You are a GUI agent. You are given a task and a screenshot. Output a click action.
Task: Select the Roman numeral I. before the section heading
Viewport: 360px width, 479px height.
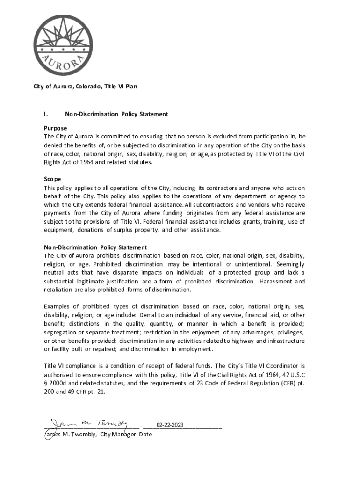click(x=46, y=114)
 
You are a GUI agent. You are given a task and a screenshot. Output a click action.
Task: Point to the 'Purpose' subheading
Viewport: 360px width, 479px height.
click(x=56, y=128)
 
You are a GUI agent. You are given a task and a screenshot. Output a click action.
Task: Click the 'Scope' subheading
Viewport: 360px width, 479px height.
click(x=52, y=179)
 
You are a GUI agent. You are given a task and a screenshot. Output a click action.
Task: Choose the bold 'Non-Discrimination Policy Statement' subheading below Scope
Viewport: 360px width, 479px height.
click(x=95, y=247)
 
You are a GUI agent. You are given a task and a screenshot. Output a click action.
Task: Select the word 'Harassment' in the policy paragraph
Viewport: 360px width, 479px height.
click(x=275, y=281)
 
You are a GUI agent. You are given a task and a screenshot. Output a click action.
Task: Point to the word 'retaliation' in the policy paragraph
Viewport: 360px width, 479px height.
click(x=58, y=290)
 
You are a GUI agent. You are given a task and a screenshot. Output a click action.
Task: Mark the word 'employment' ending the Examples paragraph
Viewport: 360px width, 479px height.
click(x=197, y=349)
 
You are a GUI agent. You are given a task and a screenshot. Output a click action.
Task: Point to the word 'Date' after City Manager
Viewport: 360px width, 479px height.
click(x=144, y=435)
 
